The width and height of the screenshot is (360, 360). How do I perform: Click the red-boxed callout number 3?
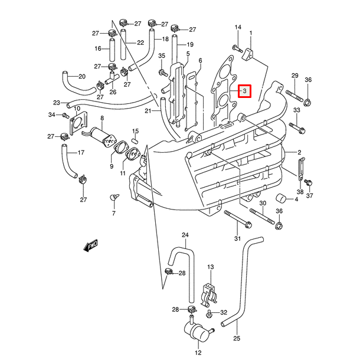tap(244, 91)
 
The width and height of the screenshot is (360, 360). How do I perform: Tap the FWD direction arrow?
tap(90, 246)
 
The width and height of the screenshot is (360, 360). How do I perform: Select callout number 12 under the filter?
tap(198, 353)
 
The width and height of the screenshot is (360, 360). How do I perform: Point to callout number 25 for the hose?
tap(237, 338)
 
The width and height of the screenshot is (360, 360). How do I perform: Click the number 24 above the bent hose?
tap(185, 235)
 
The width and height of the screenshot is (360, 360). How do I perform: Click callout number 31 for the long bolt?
tap(238, 238)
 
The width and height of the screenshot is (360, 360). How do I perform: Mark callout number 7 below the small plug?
tap(114, 214)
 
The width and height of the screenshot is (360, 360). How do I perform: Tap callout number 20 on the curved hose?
tap(82, 76)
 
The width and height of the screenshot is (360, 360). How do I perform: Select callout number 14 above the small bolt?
tap(238, 28)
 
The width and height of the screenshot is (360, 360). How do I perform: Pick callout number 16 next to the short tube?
tap(99, 48)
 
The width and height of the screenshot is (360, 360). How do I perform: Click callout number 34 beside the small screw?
tap(52, 114)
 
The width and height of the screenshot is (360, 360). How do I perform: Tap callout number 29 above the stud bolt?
tap(294, 75)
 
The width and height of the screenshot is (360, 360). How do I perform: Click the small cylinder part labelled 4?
tap(282, 199)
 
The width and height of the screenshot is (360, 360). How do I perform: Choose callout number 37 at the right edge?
tap(310, 196)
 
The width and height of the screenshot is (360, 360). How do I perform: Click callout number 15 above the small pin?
tap(135, 131)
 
